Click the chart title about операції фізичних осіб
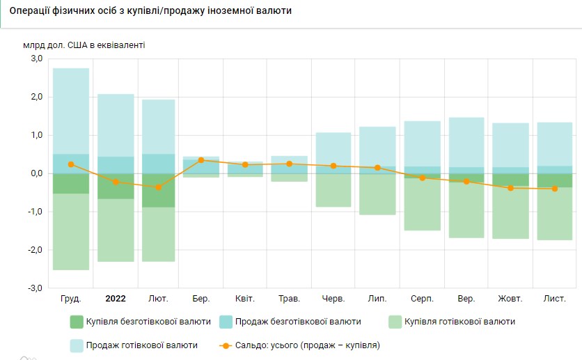150,12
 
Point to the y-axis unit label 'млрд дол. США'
84,45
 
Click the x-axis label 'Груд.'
71,299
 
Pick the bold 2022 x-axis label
116,299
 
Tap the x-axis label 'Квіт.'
245,299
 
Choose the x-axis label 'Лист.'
555,299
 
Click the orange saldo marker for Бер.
201,160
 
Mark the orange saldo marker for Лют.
158,187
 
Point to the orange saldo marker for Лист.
555,189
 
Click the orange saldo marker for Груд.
71,164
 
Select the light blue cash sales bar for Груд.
71,111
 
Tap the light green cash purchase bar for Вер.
466,209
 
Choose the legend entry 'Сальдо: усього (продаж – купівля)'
299,345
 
